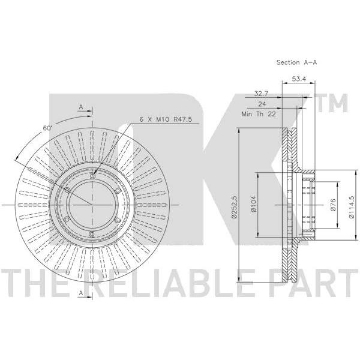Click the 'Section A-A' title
[x=296, y=62]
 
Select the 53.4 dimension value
[x=299, y=79]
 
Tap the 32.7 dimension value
[x=261, y=94]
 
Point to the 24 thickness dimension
[x=262, y=104]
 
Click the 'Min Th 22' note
[x=259, y=114]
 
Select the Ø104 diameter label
[x=253, y=203]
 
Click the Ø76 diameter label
[x=333, y=205]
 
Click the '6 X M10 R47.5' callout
[x=166, y=119]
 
